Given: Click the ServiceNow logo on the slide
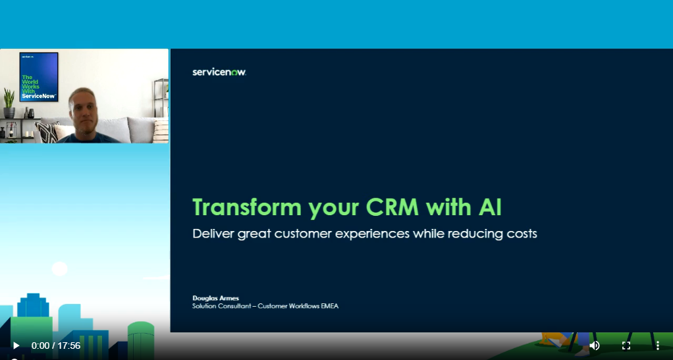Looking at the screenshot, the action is point(219,72).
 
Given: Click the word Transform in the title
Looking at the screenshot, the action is point(247,207).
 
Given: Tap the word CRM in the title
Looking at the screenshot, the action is point(392,207).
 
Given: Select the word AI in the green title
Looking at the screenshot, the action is point(489,207).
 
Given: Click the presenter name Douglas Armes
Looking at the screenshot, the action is point(215,297).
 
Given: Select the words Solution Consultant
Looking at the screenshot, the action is point(221,306).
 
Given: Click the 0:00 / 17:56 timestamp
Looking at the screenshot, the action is point(56,346).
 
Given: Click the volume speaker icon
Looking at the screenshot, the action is point(595,346).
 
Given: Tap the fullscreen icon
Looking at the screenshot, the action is point(626,346).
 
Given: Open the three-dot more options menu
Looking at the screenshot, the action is point(658,346).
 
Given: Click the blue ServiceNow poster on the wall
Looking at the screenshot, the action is point(39,77).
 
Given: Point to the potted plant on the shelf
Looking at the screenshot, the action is point(9,103).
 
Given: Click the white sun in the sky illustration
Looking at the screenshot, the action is point(60,269).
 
